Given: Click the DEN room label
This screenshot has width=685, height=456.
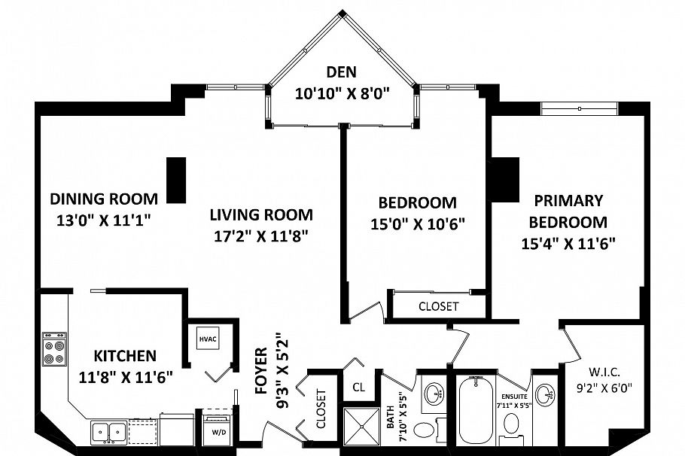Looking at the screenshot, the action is (x=342, y=72).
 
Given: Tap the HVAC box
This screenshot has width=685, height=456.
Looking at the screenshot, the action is (x=208, y=339).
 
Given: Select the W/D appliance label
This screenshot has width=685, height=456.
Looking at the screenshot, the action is (x=219, y=433).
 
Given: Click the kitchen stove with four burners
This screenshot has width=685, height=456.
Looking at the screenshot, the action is (x=54, y=349).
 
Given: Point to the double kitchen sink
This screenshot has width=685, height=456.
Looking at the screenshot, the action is (x=109, y=433).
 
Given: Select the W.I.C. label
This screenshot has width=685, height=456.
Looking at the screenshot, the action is (x=604, y=372).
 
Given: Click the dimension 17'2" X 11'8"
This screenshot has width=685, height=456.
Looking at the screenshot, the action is (x=260, y=236).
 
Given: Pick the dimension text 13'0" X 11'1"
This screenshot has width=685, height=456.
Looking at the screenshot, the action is (x=104, y=220).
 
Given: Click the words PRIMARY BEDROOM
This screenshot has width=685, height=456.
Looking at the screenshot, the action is (x=568, y=211).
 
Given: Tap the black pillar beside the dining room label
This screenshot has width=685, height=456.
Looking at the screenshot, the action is (x=176, y=180).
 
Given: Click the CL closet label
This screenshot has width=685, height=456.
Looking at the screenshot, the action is (x=358, y=387).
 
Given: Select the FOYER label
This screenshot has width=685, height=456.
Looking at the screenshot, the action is (x=260, y=371).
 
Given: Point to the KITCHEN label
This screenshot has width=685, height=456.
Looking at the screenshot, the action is (x=125, y=356).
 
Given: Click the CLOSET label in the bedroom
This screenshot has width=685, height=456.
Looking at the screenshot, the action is (x=439, y=306).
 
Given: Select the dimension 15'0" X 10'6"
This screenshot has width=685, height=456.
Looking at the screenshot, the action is (x=417, y=224).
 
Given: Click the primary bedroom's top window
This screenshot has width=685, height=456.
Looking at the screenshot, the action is (x=580, y=108).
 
